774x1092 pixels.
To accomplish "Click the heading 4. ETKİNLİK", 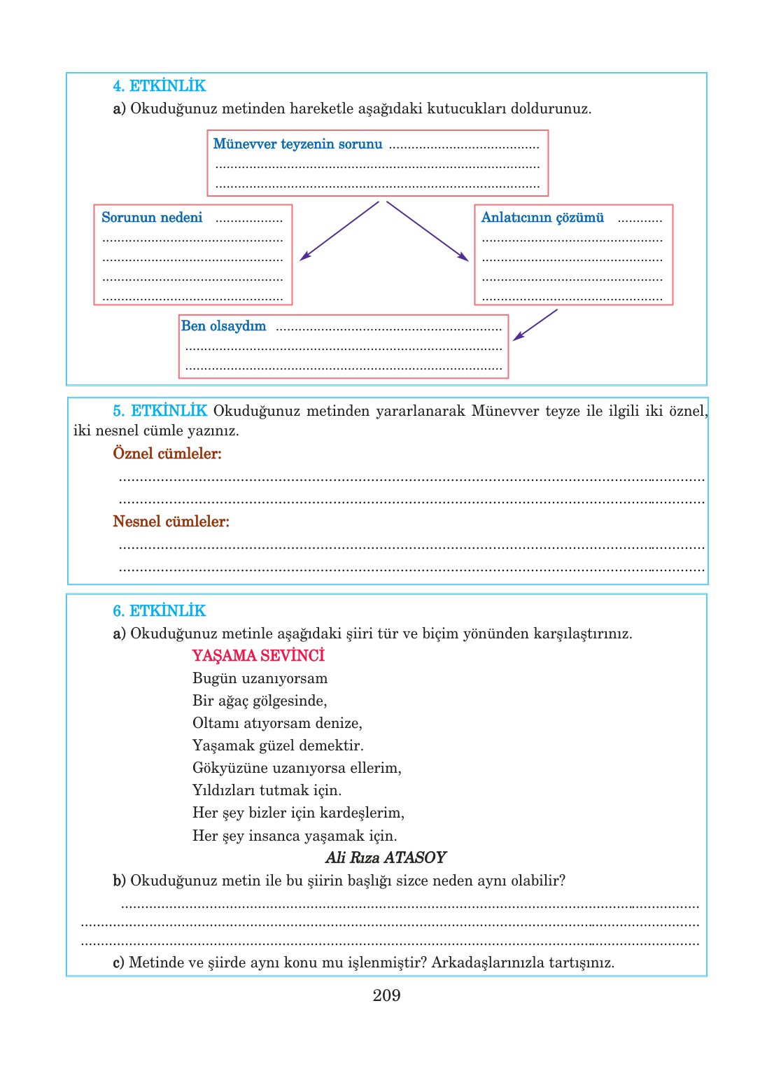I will pos(160,86).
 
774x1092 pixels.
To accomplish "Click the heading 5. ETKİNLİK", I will pos(160,411).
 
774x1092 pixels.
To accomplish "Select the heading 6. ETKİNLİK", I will pos(160,611).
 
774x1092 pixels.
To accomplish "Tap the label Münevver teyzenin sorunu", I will pos(297,144).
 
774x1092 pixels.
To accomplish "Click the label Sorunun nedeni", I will pos(152,218).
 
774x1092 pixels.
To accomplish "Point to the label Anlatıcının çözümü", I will pos(542,218).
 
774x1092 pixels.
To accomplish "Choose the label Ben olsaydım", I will pos(223,326).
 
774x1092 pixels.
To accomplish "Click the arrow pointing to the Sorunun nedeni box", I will pos(339,231).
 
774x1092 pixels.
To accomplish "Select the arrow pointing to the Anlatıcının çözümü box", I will pos(428,231).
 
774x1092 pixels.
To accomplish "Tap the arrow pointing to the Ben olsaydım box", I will pos(535,325).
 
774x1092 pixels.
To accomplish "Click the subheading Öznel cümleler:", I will pos(167,454).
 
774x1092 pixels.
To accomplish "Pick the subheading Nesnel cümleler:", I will pos(171,521).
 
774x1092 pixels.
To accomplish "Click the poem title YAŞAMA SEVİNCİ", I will pos(258,656).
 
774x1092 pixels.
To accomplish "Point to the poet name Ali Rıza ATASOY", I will pos(386,857).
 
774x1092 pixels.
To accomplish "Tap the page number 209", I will pos(386,995).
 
